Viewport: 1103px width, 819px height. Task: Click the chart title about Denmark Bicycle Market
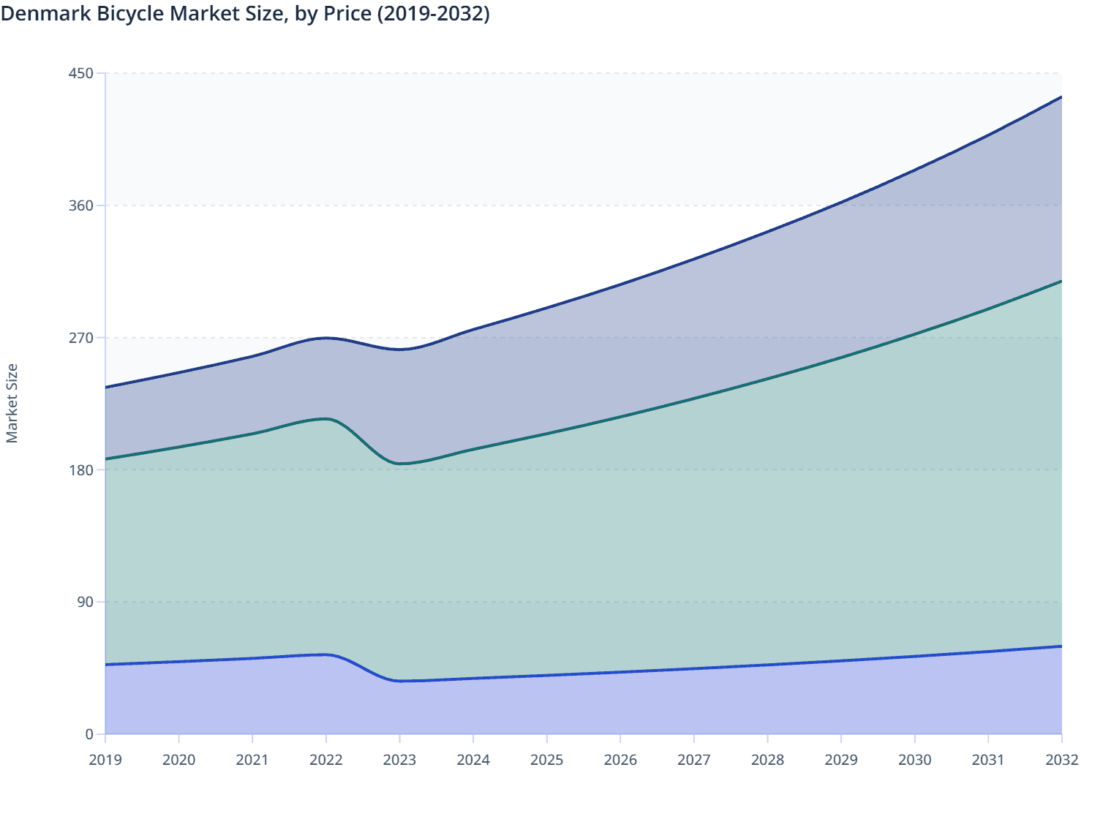(245, 14)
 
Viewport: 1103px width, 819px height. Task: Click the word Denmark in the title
(46, 14)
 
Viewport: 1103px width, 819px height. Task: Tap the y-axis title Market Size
(12, 403)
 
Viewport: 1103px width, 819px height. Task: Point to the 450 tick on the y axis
(82, 73)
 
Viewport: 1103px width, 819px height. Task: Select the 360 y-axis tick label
(82, 205)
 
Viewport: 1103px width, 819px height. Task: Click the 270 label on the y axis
(82, 338)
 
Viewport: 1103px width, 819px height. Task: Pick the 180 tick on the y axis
(82, 469)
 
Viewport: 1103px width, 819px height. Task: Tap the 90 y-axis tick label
(86, 602)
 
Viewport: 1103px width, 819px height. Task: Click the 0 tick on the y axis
(89, 734)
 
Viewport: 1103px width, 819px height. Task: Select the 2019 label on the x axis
(105, 760)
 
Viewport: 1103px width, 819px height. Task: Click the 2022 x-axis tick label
(326, 760)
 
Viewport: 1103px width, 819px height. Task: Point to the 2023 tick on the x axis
(399, 760)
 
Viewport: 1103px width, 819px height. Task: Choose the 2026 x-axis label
(620, 760)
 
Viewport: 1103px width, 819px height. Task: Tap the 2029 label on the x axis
(841, 760)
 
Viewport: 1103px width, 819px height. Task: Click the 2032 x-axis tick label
(1061, 760)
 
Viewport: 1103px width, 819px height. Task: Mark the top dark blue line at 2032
(1061, 97)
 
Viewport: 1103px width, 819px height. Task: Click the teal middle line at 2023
(399, 464)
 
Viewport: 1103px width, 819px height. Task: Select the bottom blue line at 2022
(326, 654)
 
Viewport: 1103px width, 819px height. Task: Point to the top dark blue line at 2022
(326, 338)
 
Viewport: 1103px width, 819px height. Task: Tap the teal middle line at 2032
(1061, 281)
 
